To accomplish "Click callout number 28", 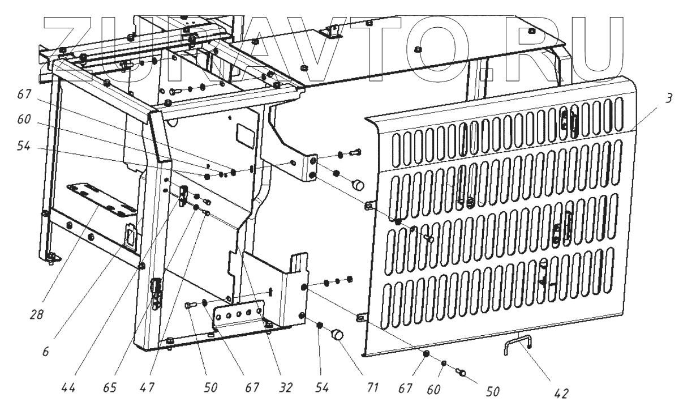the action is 37,315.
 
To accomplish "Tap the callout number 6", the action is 45,352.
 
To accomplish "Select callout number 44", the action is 68,387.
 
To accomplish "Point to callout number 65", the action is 109,387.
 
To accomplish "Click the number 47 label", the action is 147,387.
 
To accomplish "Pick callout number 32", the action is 285,387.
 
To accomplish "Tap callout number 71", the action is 373,387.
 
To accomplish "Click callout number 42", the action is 561,394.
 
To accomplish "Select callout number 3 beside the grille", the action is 669,98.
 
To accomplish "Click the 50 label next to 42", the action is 493,391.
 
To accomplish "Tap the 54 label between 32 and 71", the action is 321,387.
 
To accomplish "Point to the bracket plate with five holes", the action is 239,315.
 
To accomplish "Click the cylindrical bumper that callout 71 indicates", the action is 338,335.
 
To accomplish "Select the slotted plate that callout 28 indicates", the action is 102,199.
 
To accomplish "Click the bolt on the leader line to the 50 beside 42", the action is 461,371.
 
